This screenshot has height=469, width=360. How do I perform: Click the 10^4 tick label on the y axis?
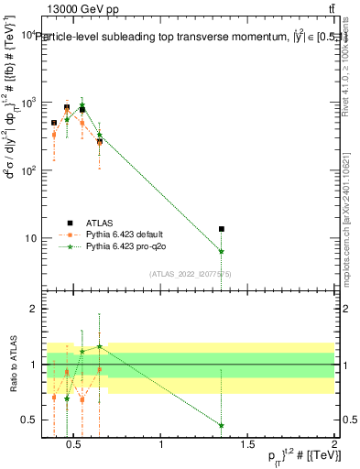[27, 35]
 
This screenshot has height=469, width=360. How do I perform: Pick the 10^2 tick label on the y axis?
[27, 170]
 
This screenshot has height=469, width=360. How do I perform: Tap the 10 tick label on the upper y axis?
[30, 238]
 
